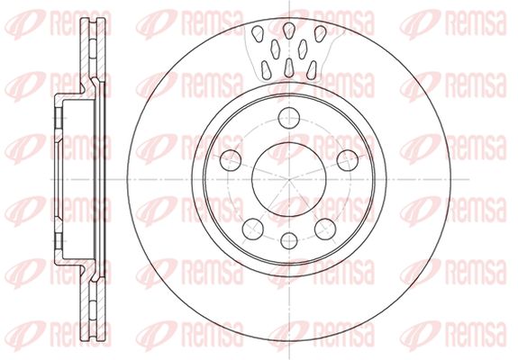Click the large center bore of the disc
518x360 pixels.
289,179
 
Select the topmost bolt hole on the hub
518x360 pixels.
289,118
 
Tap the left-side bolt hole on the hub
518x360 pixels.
231,160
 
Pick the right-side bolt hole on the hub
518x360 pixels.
348,160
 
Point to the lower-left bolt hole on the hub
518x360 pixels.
253,229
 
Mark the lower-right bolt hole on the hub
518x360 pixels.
325,229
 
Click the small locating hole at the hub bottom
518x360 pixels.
289,240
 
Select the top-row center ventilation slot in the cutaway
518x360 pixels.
289,31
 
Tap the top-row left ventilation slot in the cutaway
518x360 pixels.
258,33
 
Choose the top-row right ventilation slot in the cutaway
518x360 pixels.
320,33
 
